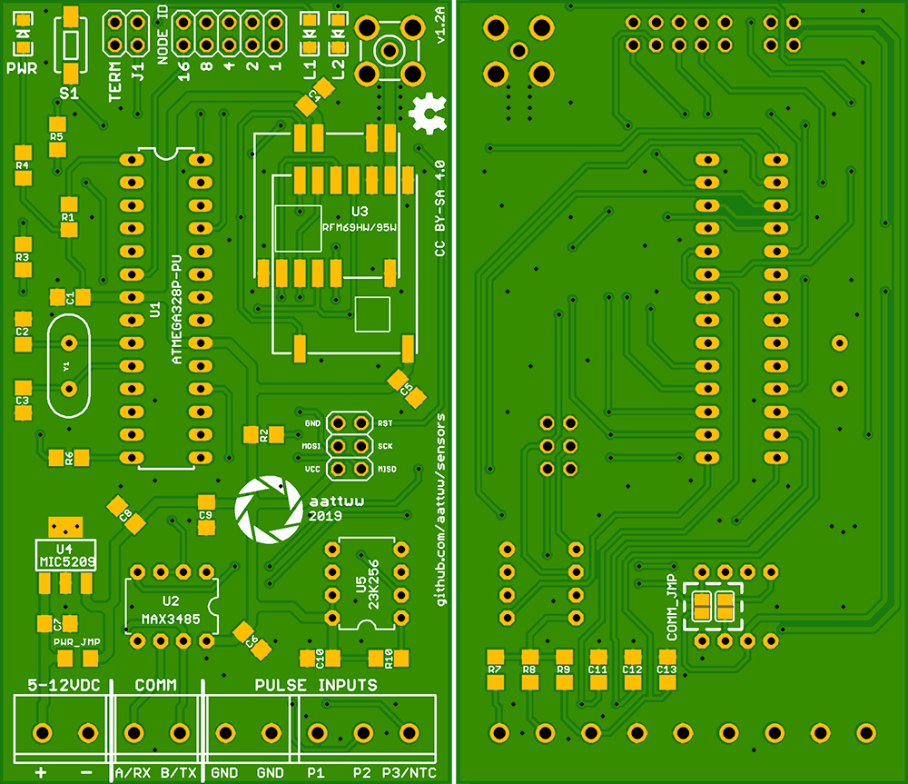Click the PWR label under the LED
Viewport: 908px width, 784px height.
[x=22, y=68]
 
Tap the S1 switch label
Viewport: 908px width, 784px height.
[x=69, y=93]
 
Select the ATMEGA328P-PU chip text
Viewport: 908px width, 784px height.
[x=177, y=309]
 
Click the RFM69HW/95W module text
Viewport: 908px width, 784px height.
[x=360, y=225]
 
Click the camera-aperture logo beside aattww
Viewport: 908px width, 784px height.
[x=266, y=508]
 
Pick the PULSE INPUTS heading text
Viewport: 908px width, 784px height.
[x=315, y=685]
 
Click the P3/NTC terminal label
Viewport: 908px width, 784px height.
[x=409, y=772]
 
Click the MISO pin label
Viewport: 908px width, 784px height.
[x=386, y=469]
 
